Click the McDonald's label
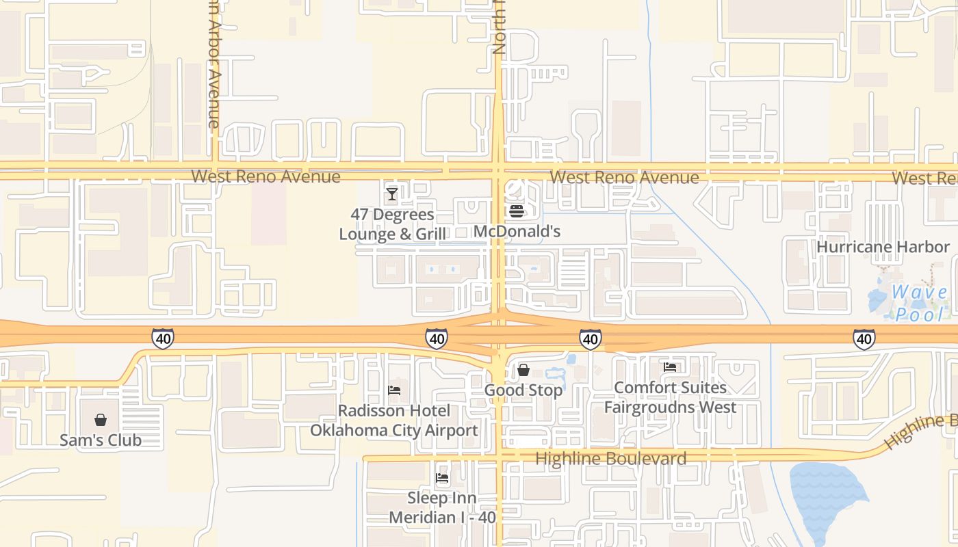click(x=517, y=231)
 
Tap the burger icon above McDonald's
click(x=517, y=211)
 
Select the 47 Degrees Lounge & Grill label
click(x=392, y=224)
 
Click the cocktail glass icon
click(x=391, y=194)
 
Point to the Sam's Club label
click(x=101, y=440)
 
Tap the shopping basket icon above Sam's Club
click(x=101, y=420)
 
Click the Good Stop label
click(x=523, y=390)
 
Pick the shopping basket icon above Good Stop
click(x=523, y=370)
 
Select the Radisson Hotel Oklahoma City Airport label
click(x=393, y=421)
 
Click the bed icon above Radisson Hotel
click(x=394, y=390)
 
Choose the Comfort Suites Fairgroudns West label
click(x=670, y=397)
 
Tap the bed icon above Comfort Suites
click(x=670, y=367)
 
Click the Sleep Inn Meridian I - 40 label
click(x=442, y=507)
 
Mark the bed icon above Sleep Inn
click(x=442, y=478)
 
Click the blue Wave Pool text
click(x=919, y=303)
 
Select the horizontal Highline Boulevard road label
click(x=610, y=458)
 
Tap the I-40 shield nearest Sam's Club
click(x=162, y=338)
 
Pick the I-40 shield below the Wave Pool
click(x=864, y=338)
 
